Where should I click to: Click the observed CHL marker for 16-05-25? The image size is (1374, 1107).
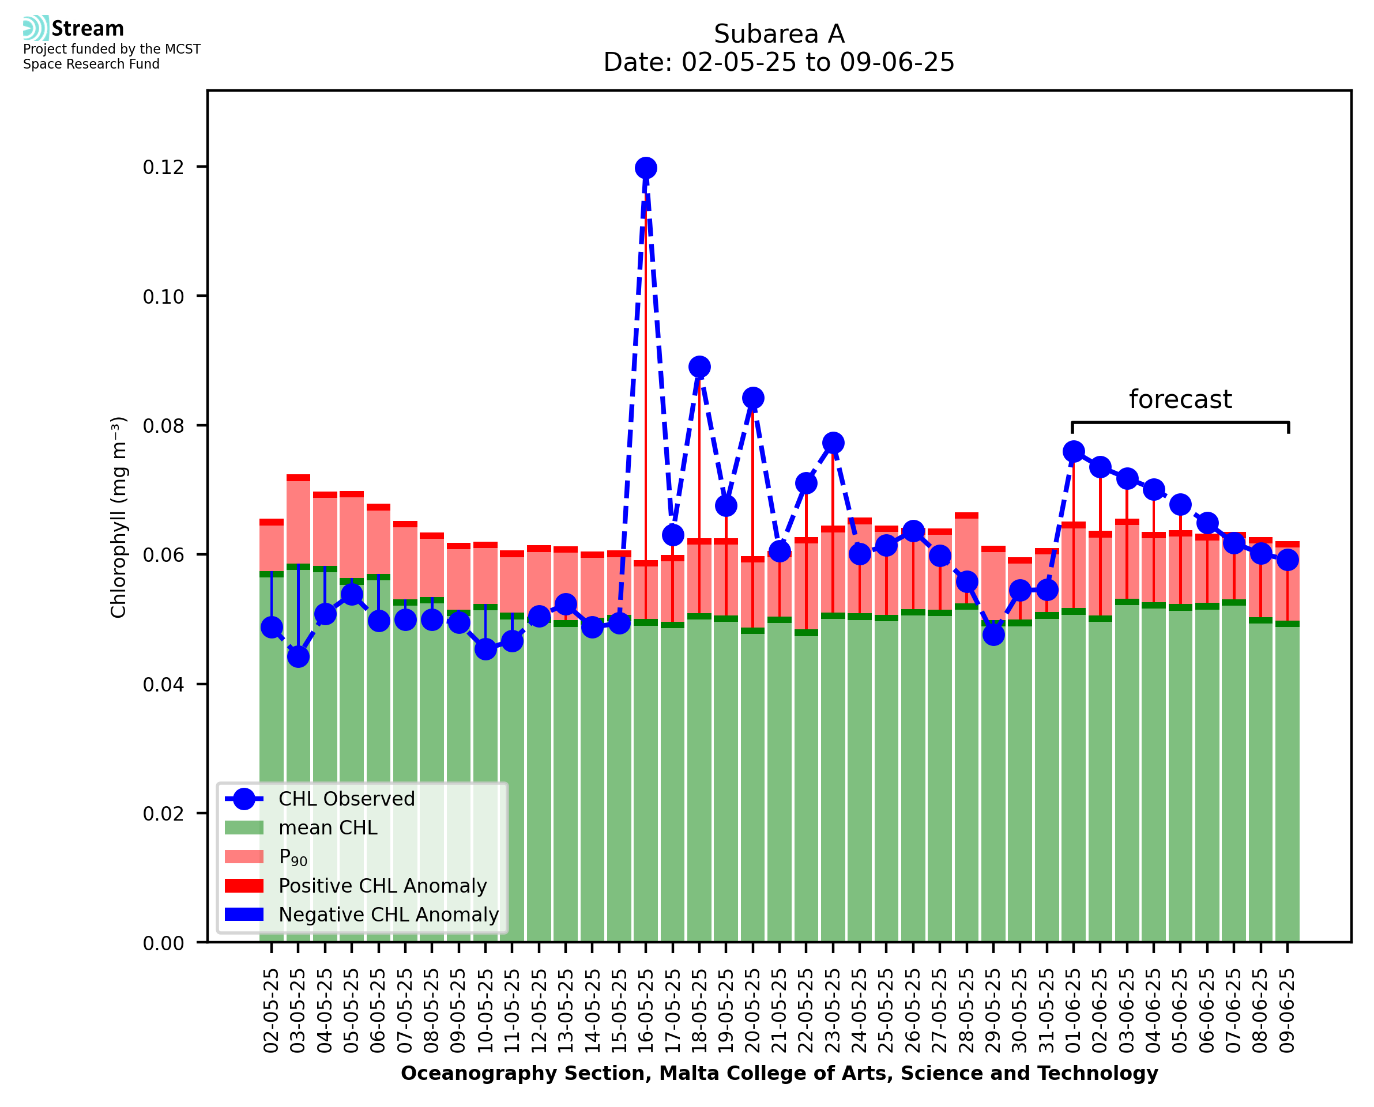[x=646, y=168]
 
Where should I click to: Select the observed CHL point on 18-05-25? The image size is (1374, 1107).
[x=699, y=367]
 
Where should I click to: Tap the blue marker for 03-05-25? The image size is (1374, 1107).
[x=298, y=656]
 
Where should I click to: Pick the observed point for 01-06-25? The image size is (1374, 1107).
[x=1074, y=451]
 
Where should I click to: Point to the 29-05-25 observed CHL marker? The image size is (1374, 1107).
[x=993, y=634]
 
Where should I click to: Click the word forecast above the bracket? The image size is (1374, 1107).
[x=1180, y=400]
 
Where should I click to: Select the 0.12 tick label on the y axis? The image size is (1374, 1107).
[x=163, y=167]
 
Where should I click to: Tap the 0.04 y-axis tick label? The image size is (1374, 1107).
[x=163, y=685]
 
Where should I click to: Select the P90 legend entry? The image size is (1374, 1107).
[x=293, y=857]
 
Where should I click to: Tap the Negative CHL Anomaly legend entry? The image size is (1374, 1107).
[x=389, y=915]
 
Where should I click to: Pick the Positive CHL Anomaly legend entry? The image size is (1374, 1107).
[x=383, y=886]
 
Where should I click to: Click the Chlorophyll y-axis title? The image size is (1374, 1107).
[x=119, y=517]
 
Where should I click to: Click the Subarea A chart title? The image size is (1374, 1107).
[x=779, y=34]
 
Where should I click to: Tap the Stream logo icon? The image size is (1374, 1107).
[x=36, y=28]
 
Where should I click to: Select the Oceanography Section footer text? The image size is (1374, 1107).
[x=779, y=1073]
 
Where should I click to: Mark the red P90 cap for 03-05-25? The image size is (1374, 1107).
[x=298, y=478]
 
